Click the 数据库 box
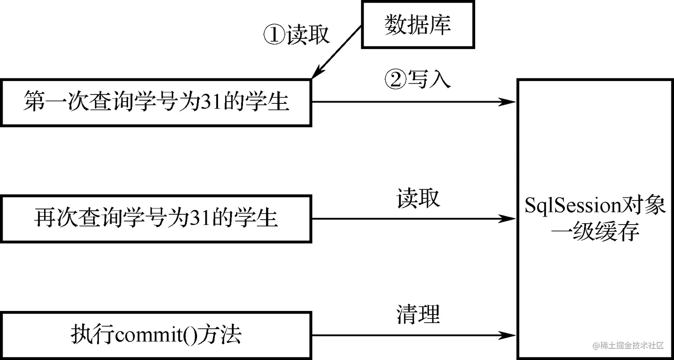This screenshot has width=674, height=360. click(x=418, y=24)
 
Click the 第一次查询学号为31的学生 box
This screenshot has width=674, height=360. click(x=156, y=102)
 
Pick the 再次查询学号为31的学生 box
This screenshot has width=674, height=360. click(x=156, y=219)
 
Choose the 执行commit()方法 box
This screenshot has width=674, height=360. click(x=156, y=335)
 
